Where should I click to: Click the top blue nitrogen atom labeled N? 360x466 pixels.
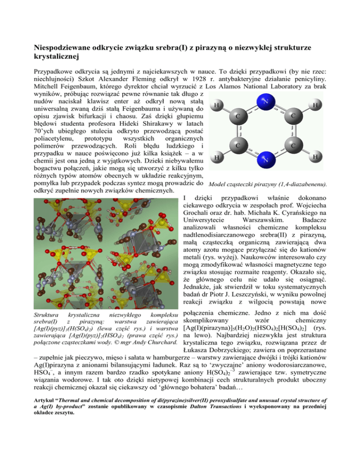click(265, 101)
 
